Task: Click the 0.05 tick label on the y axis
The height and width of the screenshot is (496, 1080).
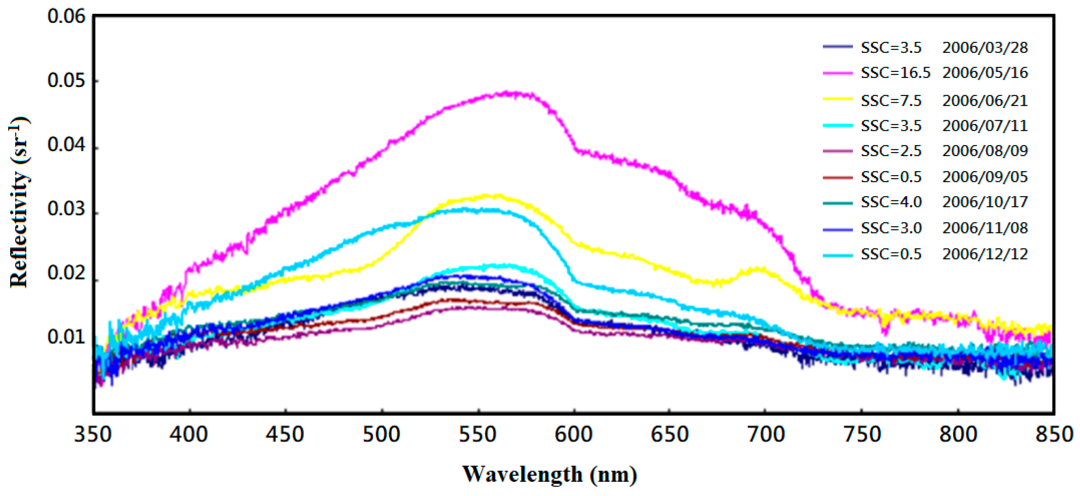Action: tap(66, 80)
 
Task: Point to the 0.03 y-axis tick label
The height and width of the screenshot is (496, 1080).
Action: tap(66, 209)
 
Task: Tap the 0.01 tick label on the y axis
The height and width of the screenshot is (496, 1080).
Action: tap(66, 337)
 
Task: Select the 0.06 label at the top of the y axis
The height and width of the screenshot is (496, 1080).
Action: tap(66, 16)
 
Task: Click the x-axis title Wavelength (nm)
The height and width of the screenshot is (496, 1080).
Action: tap(549, 474)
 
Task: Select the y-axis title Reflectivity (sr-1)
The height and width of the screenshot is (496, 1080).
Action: tap(19, 202)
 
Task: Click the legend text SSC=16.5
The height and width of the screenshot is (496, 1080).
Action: tap(895, 73)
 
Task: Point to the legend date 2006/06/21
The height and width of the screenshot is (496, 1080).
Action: tap(985, 101)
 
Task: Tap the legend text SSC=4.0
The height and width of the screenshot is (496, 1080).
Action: tap(891, 202)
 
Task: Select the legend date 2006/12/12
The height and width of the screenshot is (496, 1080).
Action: tap(985, 254)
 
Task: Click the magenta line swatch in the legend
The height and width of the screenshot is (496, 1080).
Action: tap(838, 73)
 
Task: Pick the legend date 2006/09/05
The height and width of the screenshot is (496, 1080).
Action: tap(985, 177)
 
